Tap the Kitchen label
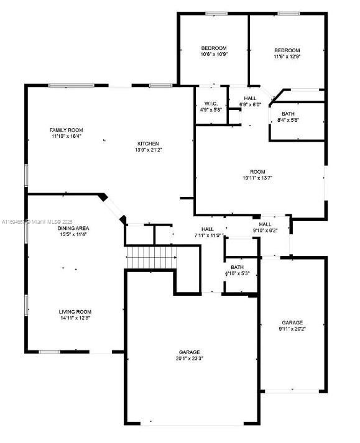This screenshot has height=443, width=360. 148,144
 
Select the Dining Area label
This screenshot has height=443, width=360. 73,228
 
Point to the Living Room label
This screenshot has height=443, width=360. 75,311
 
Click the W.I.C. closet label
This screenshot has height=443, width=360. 210,103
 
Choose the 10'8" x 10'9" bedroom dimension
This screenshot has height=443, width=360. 213,55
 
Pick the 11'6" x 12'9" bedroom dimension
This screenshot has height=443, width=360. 287,57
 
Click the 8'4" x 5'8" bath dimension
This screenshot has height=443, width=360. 288,120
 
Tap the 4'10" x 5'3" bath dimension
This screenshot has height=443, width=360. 237,273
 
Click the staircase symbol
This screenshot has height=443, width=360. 152,257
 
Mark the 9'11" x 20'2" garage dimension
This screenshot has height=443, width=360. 292,329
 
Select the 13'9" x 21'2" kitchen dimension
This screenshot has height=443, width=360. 148,150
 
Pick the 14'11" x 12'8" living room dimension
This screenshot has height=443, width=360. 75,318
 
